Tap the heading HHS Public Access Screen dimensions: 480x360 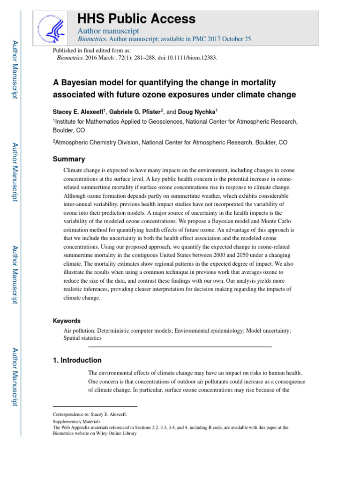pyautogui.click(x=136, y=19)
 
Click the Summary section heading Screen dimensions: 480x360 pyautogui.click(x=69, y=159)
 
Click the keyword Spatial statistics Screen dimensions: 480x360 pyautogui.click(x=82, y=337)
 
